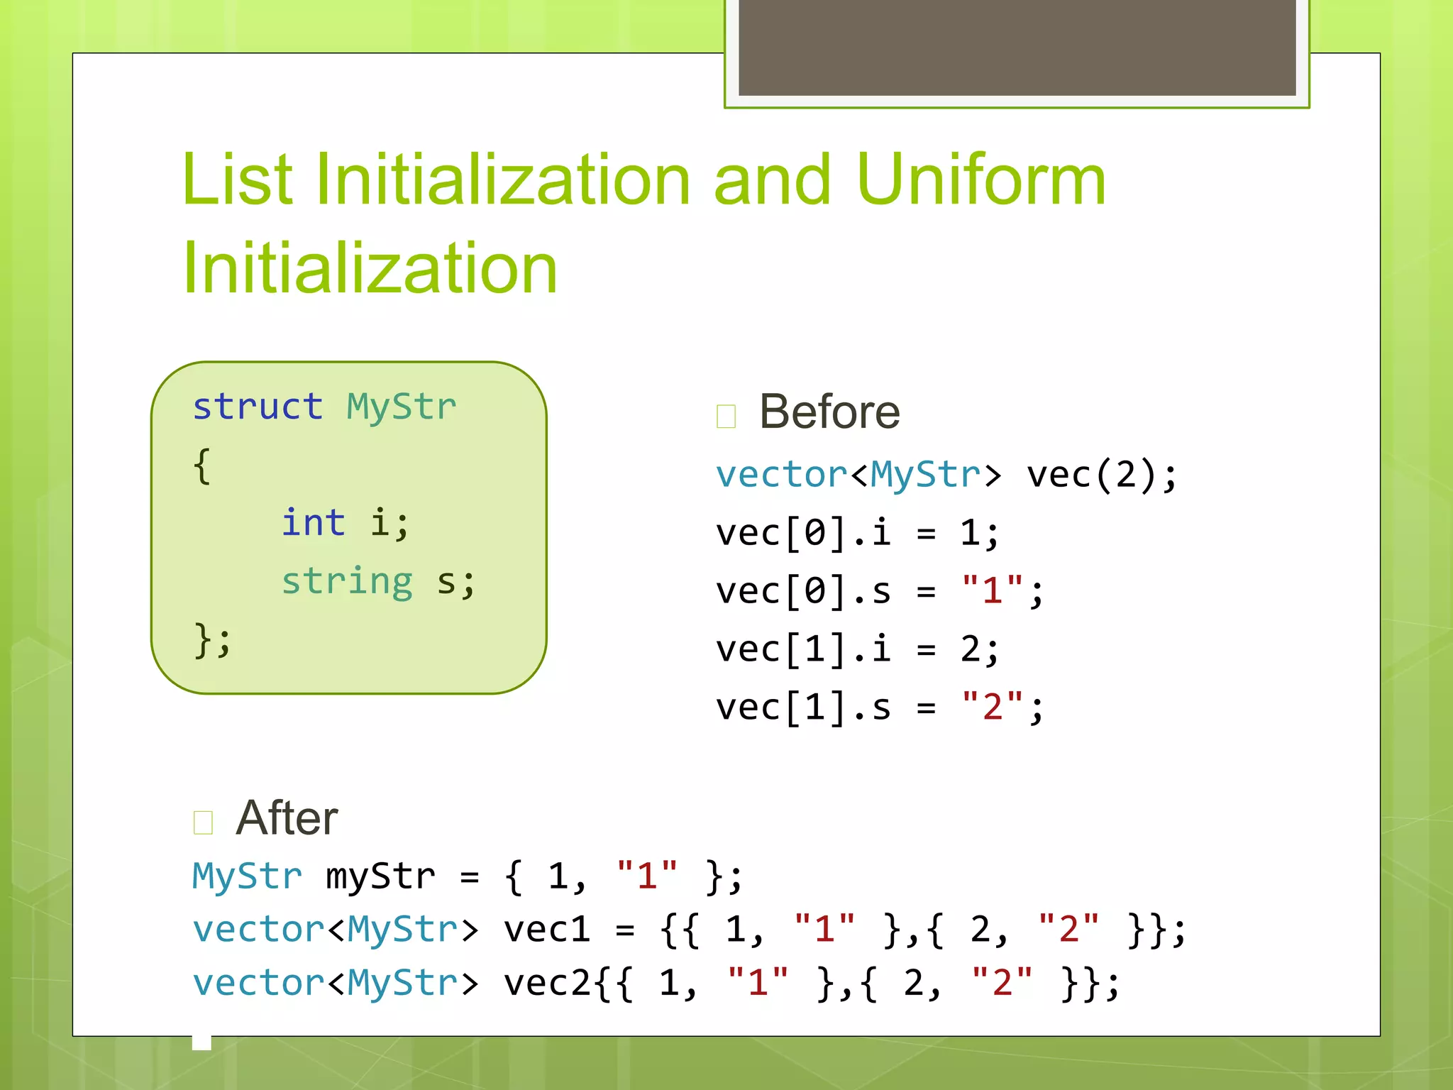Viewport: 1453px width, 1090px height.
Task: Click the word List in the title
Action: coord(237,181)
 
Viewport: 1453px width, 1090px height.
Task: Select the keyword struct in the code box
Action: coord(258,407)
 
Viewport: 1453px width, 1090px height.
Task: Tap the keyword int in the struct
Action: coord(313,523)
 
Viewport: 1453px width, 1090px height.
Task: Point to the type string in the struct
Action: coord(347,582)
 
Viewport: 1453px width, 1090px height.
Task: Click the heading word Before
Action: coord(829,412)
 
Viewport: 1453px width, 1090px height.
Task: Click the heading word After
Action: coord(287,818)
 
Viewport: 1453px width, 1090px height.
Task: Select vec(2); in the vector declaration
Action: coord(1102,475)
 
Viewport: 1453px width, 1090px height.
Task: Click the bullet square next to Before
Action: coord(726,416)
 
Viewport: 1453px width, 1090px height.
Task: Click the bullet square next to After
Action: coord(203,822)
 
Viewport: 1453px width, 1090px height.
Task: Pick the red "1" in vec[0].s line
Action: coord(992,591)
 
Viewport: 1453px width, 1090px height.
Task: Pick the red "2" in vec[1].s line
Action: coord(992,708)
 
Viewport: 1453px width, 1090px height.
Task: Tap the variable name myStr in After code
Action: coord(380,877)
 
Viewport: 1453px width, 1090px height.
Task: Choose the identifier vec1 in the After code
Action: coord(546,930)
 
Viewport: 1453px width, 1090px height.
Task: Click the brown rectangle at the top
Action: coord(1017,48)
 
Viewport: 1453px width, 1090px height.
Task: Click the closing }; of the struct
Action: coord(212,640)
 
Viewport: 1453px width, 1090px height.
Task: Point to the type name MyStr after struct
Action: coord(402,407)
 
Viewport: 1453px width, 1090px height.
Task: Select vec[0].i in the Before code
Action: coord(803,533)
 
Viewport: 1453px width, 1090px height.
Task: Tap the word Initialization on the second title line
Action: coord(370,268)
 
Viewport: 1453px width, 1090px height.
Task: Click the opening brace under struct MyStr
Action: coord(202,466)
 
